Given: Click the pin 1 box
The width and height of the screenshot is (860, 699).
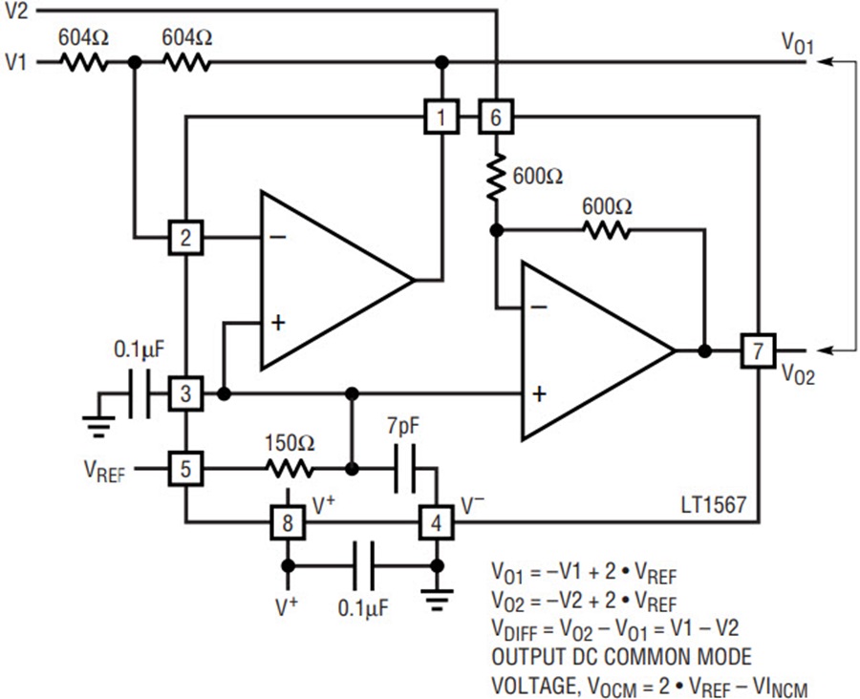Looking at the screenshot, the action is (x=441, y=116).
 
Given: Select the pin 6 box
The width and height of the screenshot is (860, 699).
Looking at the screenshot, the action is (x=496, y=116).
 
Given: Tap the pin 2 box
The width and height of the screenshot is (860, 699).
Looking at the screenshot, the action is (x=186, y=238).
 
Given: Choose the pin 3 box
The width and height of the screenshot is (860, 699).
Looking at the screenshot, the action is (x=186, y=393).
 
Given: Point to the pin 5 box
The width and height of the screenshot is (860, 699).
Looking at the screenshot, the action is (x=186, y=469).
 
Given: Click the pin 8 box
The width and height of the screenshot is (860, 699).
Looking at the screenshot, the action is (x=288, y=523).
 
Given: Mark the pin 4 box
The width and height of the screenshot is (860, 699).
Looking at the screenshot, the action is (x=436, y=523).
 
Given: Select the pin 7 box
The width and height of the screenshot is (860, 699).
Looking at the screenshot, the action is (x=758, y=350).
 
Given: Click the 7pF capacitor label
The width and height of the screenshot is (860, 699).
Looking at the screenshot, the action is (x=403, y=427).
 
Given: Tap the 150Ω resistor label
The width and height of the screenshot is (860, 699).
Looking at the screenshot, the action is (x=290, y=443).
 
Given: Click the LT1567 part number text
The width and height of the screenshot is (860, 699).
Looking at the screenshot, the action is (x=714, y=504).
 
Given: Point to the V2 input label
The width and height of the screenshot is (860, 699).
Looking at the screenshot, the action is (x=16, y=11).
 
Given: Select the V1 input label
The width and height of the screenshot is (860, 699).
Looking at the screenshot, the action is (x=16, y=62).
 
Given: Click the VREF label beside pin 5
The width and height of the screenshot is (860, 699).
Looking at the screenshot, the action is (x=105, y=472).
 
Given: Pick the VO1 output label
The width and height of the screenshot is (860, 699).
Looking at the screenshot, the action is (x=798, y=43).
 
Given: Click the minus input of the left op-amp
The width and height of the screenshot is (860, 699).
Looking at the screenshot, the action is (x=277, y=237).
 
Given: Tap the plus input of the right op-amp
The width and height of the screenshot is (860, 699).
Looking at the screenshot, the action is (x=539, y=393).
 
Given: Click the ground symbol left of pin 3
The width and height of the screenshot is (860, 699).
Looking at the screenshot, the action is (x=98, y=426).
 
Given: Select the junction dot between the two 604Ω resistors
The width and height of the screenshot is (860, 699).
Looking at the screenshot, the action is (x=135, y=62).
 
